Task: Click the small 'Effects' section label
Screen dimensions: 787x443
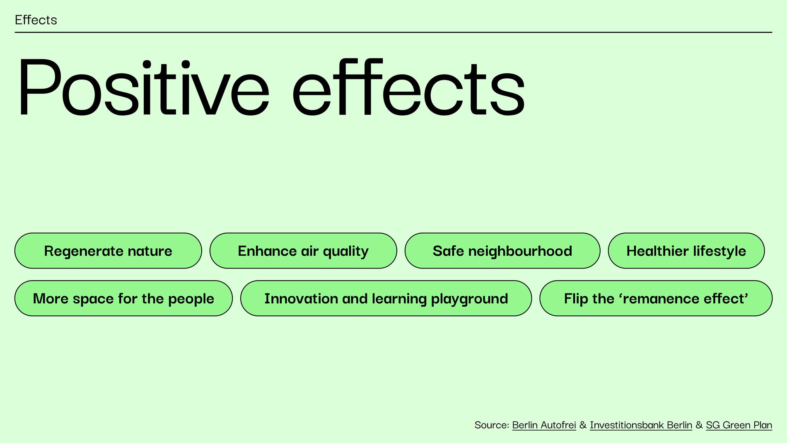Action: click(x=36, y=20)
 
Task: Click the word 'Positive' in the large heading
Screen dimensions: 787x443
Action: click(x=143, y=87)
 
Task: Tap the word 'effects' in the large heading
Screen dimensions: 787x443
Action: click(x=408, y=87)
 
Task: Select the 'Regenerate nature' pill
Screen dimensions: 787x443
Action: click(x=108, y=251)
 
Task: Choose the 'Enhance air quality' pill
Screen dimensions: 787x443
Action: click(x=303, y=251)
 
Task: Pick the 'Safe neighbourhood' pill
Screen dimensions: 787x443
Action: click(x=502, y=251)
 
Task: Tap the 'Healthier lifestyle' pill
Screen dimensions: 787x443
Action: click(x=686, y=251)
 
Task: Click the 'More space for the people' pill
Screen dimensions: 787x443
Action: click(x=123, y=298)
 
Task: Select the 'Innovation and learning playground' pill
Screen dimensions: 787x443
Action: click(x=386, y=298)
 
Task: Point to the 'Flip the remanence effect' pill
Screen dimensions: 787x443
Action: click(x=656, y=298)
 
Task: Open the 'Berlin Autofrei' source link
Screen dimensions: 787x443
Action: click(x=544, y=425)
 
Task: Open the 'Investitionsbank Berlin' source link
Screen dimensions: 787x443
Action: click(x=641, y=425)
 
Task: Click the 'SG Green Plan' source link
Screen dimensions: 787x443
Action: click(x=739, y=425)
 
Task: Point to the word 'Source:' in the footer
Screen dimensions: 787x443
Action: click(x=492, y=425)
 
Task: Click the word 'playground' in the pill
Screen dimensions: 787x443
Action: click(x=469, y=299)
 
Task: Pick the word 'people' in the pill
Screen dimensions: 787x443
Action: click(x=191, y=299)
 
